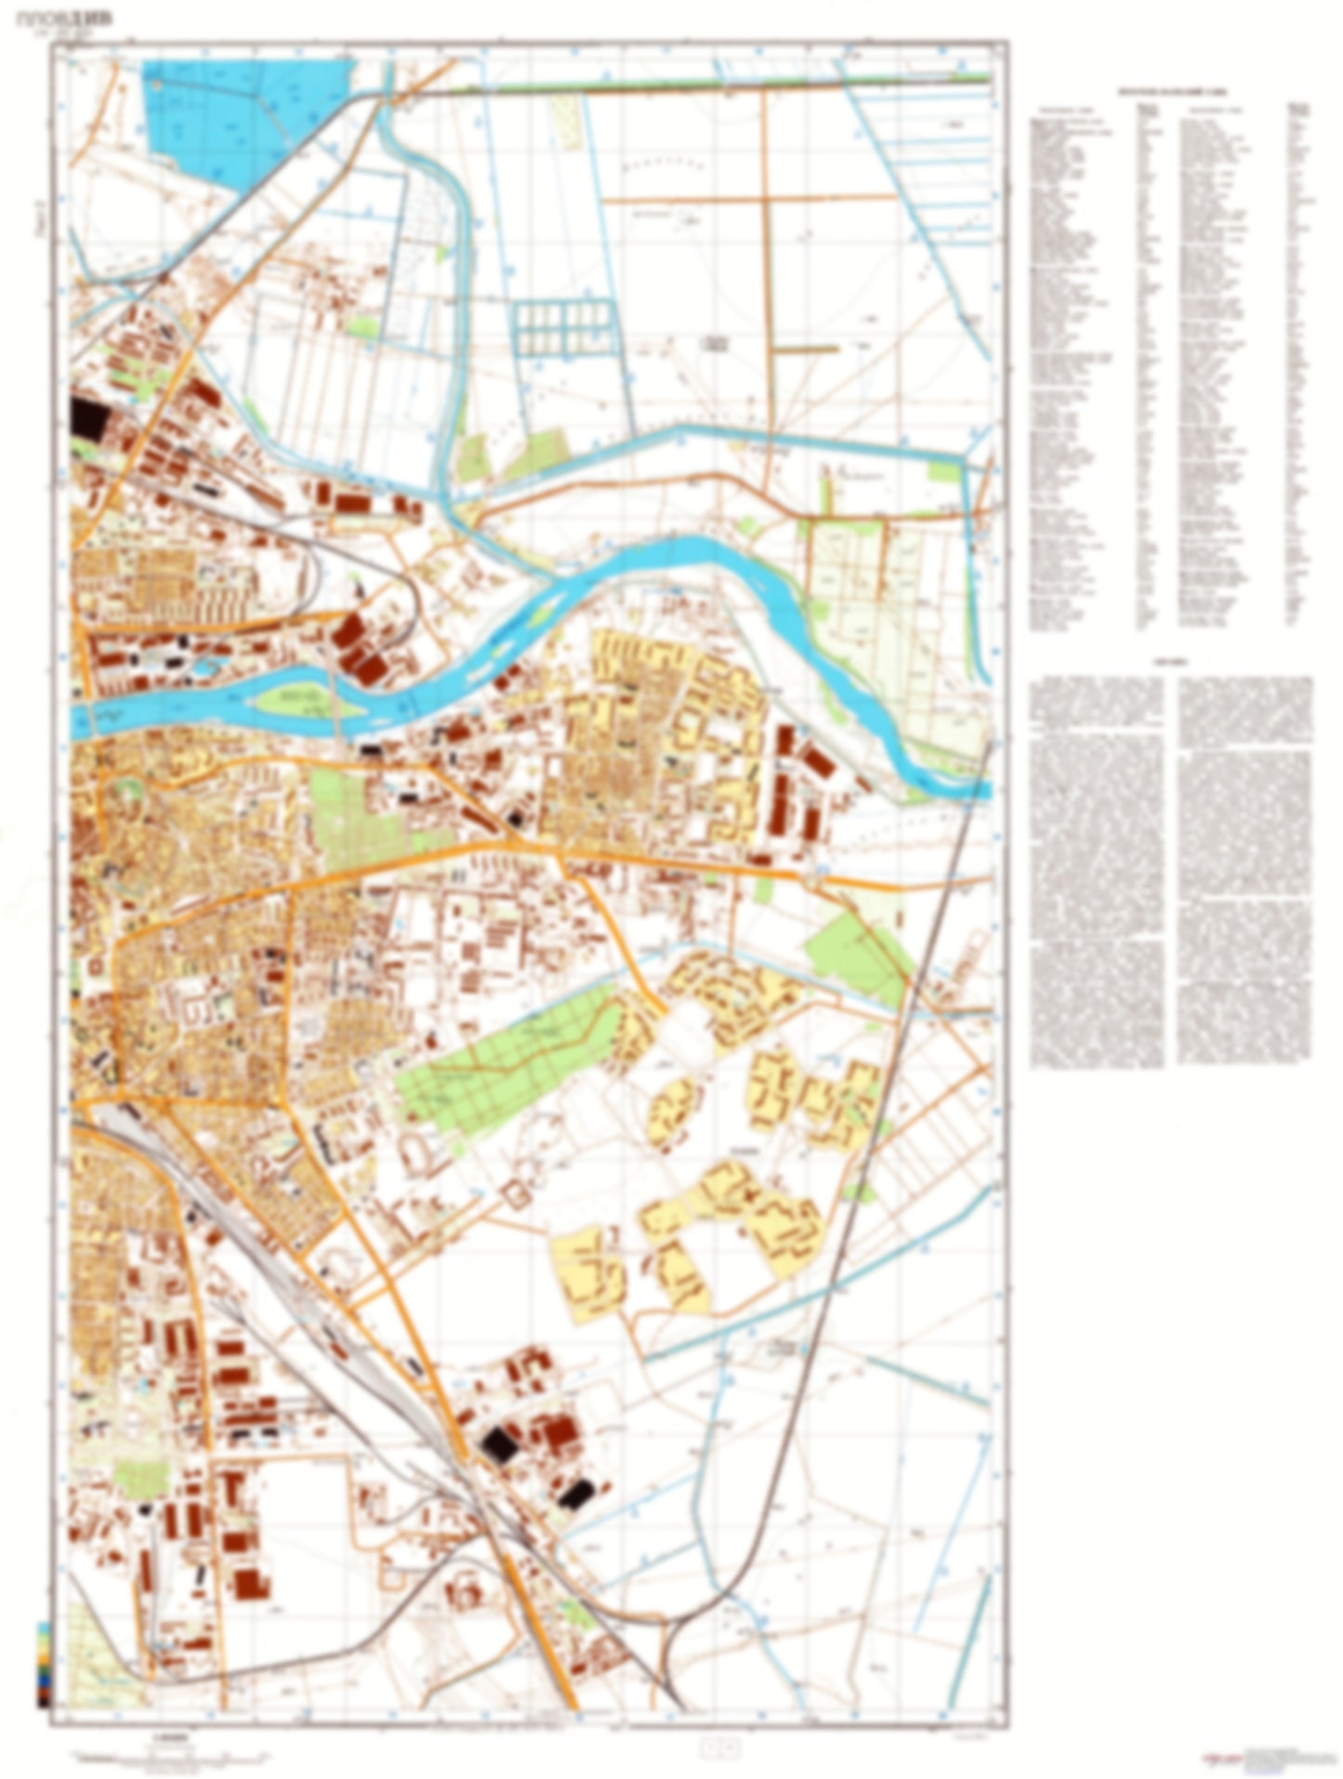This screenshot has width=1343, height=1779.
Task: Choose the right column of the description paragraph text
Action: [x=1245, y=869]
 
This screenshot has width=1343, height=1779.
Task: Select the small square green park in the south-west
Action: [x=138, y=1477]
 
